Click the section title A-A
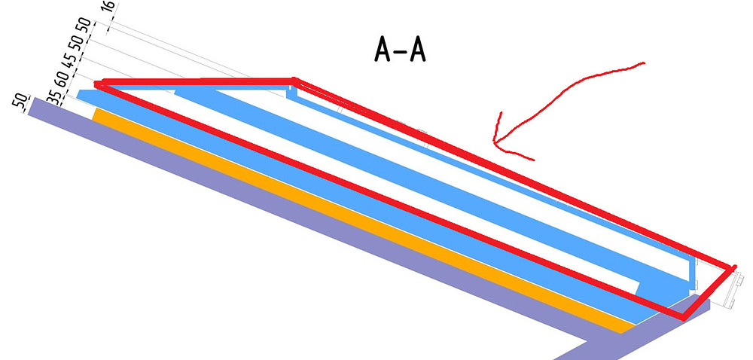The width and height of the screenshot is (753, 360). pyautogui.click(x=400, y=50)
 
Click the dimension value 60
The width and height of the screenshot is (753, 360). pyautogui.click(x=61, y=80)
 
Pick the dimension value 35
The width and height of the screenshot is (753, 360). pyautogui.click(x=54, y=97)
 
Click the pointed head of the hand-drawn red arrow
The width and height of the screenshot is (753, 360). pyautogui.click(x=495, y=142)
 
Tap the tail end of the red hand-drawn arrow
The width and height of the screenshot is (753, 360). pyautogui.click(x=644, y=63)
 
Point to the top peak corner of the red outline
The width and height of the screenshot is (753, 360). pyautogui.click(x=294, y=79)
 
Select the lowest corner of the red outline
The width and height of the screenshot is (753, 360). pyautogui.click(x=683, y=317)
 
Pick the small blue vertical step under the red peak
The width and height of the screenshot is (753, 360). pyautogui.click(x=288, y=91)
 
